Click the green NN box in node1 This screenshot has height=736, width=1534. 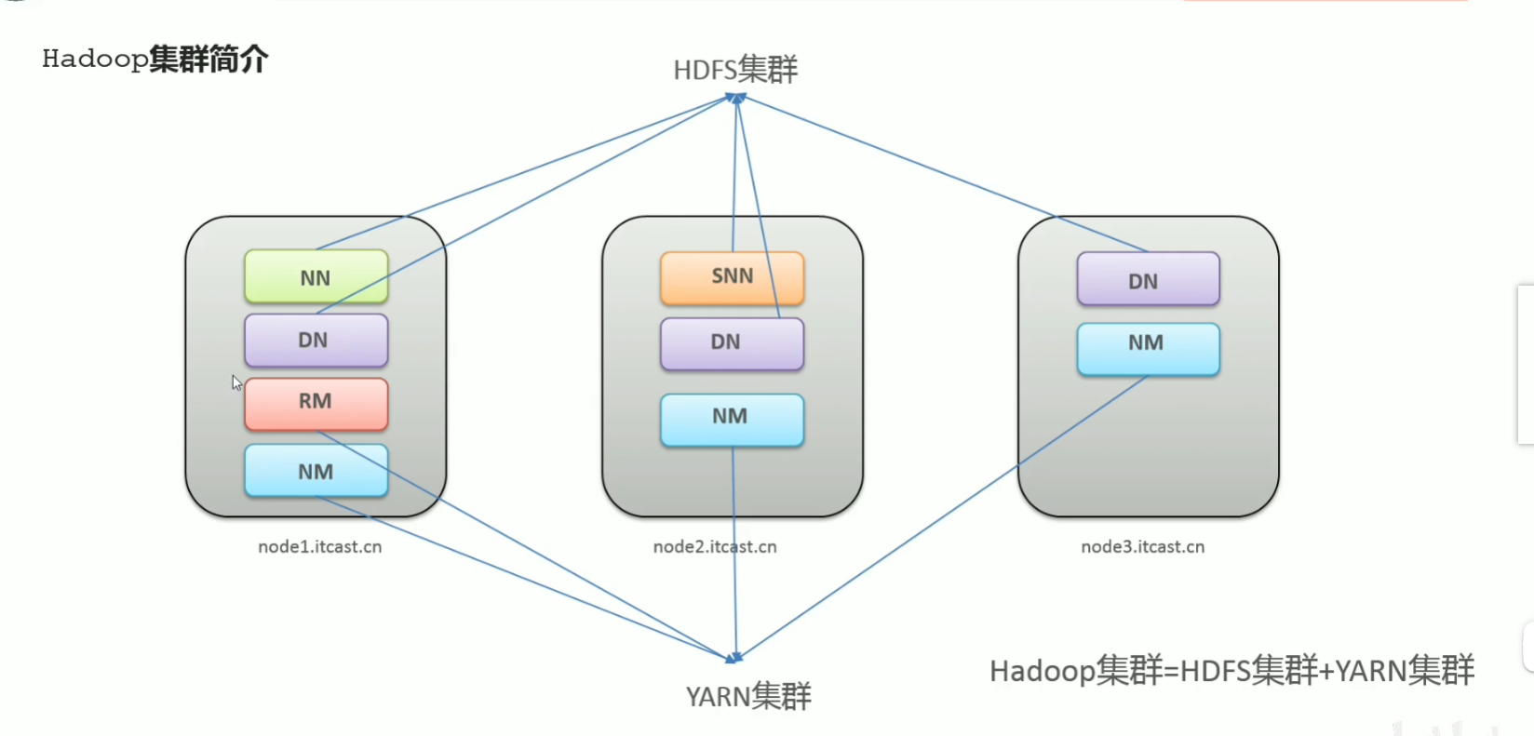pyautogui.click(x=316, y=277)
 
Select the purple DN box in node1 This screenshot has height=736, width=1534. pyautogui.click(x=316, y=341)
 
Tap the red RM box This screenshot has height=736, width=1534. pyautogui.click(x=316, y=403)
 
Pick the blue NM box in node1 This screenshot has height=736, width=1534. pyautogui.click(x=316, y=471)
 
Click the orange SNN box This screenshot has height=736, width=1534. pyautogui.click(x=732, y=277)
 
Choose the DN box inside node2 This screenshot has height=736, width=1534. pyautogui.click(x=732, y=343)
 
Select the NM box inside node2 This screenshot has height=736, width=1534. pyautogui.click(x=732, y=419)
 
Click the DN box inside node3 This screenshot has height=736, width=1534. pyautogui.click(x=1148, y=279)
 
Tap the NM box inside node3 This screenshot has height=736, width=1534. pyautogui.click(x=1148, y=348)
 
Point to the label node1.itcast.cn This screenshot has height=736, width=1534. pyautogui.click(x=319, y=547)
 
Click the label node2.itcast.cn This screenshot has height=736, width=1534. pyautogui.click(x=714, y=547)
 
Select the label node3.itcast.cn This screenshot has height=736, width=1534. pyautogui.click(x=1142, y=547)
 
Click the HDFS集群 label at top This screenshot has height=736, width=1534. pyautogui.click(x=735, y=70)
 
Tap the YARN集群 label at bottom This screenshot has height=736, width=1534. pyautogui.click(x=748, y=696)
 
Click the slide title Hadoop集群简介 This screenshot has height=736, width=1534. pyautogui.click(x=155, y=59)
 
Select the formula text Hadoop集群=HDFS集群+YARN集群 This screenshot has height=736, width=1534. pyautogui.click(x=1231, y=670)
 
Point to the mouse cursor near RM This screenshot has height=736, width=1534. pyautogui.click(x=236, y=382)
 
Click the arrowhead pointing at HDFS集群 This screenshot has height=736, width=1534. pyautogui.click(x=737, y=97)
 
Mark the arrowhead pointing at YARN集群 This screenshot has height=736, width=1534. pyautogui.click(x=734, y=658)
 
